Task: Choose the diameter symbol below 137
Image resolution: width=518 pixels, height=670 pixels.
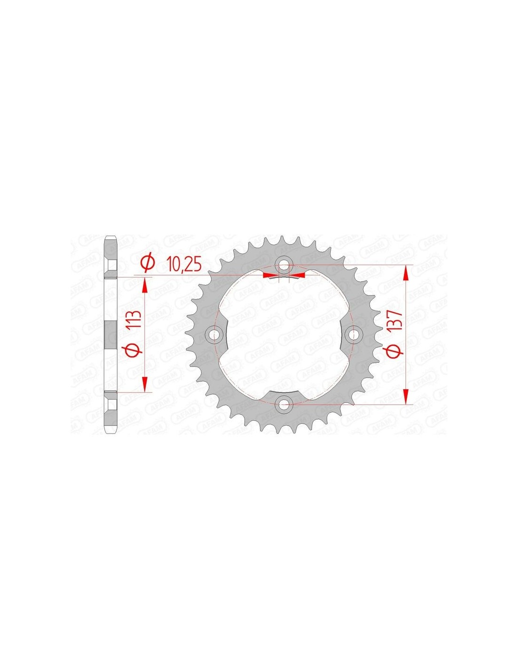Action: (x=396, y=351)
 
